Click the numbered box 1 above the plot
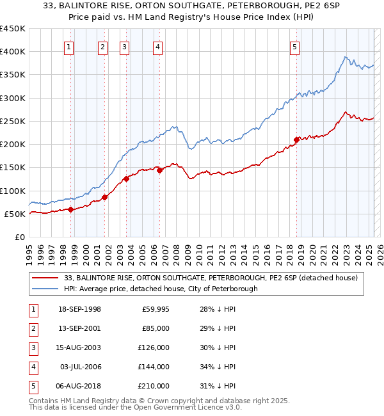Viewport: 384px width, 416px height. pyautogui.click(x=68, y=46)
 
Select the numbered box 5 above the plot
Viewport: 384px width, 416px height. pyautogui.click(x=294, y=46)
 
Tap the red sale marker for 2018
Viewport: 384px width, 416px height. pyautogui.click(x=296, y=140)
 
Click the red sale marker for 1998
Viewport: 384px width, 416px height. pyautogui.click(x=71, y=209)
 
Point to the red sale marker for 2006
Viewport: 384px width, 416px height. pyautogui.click(x=159, y=170)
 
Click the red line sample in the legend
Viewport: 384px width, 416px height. pyautogui.click(x=45, y=278)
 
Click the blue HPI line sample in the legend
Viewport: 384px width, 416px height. pyautogui.click(x=45, y=289)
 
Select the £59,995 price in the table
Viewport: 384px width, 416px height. pyautogui.click(x=155, y=310)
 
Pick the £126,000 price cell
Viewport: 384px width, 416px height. pyautogui.click(x=153, y=348)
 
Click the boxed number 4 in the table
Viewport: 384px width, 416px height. pyautogui.click(x=33, y=367)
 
